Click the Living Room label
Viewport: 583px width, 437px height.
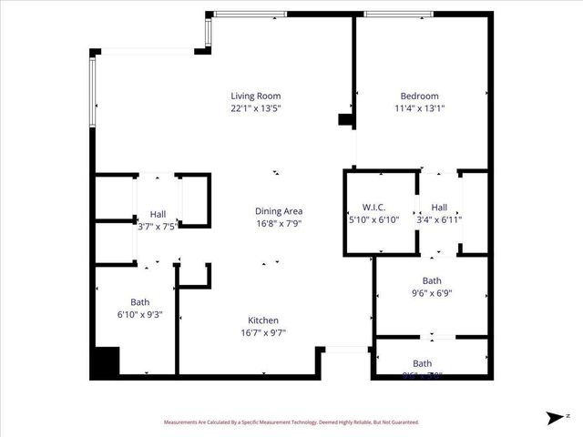pos(255,96)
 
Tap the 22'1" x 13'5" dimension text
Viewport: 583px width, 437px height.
pos(255,107)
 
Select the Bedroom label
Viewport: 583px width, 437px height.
pos(419,96)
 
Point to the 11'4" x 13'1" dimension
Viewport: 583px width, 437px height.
pos(419,107)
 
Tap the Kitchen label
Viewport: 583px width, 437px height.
pos(263,320)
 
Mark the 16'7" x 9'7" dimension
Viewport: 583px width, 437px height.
pos(263,332)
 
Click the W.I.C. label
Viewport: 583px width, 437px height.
pos(376,207)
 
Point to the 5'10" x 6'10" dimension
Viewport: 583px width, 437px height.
pos(376,219)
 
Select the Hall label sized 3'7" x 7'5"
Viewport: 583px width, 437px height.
pos(158,214)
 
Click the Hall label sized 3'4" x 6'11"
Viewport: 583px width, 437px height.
pos(439,207)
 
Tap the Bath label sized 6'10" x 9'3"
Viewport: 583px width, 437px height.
pos(139,302)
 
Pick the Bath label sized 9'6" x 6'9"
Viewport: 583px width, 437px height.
pos(432,280)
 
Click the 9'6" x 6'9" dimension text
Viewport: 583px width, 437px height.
pos(432,293)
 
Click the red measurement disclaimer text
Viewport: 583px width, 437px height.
pos(291,422)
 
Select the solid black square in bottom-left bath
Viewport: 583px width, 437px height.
pos(105,363)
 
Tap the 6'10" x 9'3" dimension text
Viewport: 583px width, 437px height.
pos(139,315)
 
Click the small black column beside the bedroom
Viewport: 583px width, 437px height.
pos(345,119)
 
